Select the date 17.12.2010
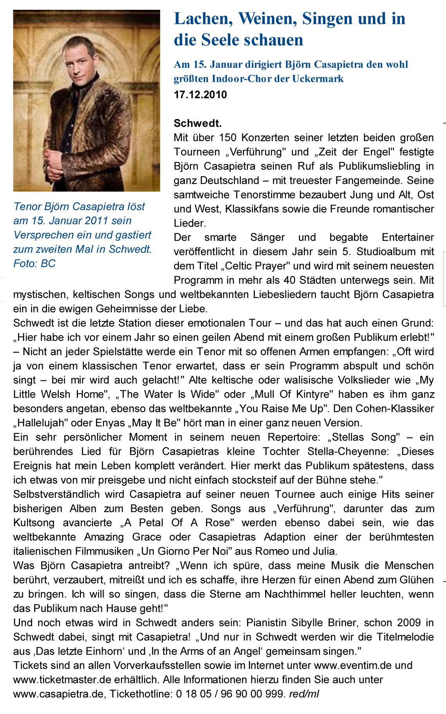(x=200, y=95)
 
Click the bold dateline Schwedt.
(x=198, y=123)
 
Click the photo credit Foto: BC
(x=34, y=263)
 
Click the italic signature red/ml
(x=304, y=694)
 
